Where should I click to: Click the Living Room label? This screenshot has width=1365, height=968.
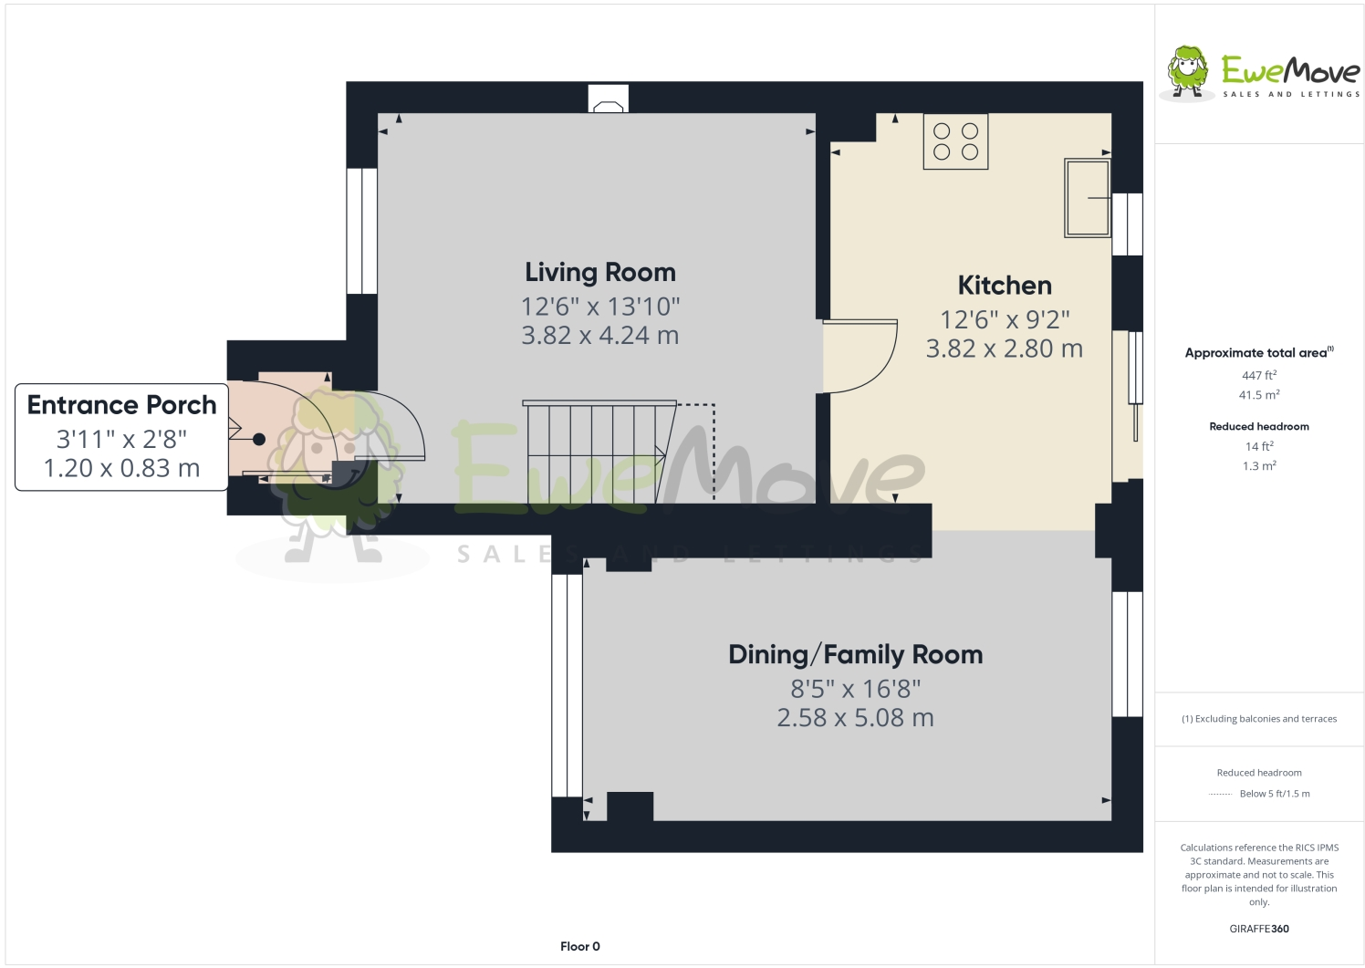coord(599,272)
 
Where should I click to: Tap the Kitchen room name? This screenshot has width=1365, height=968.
coord(1004,286)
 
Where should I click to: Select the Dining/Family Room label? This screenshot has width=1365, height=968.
coord(855,654)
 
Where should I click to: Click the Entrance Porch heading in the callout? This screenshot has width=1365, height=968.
coord(121,405)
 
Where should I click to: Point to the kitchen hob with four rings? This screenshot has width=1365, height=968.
coord(955,141)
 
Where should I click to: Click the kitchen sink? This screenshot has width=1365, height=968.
coord(1087,198)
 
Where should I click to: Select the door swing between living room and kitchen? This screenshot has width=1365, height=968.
coord(861,356)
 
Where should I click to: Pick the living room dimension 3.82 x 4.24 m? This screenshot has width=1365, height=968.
coord(599,336)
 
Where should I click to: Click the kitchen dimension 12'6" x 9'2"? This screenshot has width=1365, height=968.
coord(1004,320)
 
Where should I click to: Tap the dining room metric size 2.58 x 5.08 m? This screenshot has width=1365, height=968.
coord(855,718)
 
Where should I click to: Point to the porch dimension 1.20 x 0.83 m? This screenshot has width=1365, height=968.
coord(121,468)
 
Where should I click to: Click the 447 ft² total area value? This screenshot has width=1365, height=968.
coord(1258,375)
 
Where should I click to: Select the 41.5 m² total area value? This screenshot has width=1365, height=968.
coord(1258,395)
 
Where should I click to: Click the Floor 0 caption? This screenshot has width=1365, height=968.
coord(579,946)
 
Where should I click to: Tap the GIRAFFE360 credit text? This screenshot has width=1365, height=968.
coord(1258,929)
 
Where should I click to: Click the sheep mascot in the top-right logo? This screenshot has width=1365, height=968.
coord(1187,71)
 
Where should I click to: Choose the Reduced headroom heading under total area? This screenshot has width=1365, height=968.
coord(1258,426)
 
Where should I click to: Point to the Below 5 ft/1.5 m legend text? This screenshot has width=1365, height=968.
coord(1274,794)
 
